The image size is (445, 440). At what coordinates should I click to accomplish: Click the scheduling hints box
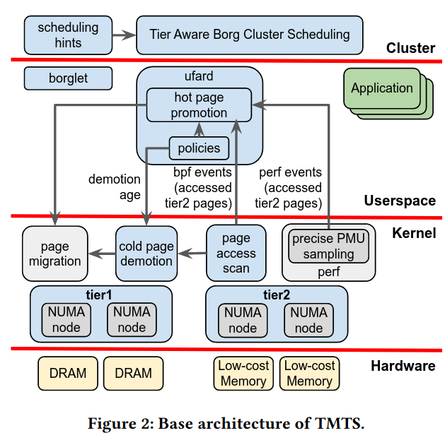click(x=68, y=35)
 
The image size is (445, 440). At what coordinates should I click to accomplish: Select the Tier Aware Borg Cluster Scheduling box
click(x=249, y=35)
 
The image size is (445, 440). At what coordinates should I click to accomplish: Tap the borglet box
click(x=68, y=78)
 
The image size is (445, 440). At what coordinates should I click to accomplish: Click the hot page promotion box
click(x=199, y=105)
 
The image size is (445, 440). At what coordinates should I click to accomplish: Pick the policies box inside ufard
click(x=199, y=148)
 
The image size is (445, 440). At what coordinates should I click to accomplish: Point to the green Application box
click(x=381, y=88)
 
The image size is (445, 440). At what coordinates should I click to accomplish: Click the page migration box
click(x=54, y=254)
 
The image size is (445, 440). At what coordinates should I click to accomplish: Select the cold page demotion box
click(x=146, y=254)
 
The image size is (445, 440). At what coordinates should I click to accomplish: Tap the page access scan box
click(x=236, y=254)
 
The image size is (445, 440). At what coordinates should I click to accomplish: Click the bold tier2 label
click(x=276, y=295)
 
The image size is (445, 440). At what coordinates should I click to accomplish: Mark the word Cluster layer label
click(x=410, y=48)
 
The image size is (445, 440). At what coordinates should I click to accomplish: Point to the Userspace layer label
click(x=400, y=201)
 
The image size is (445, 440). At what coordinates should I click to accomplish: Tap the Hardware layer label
click(x=403, y=365)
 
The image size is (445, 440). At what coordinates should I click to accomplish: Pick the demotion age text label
click(x=114, y=187)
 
